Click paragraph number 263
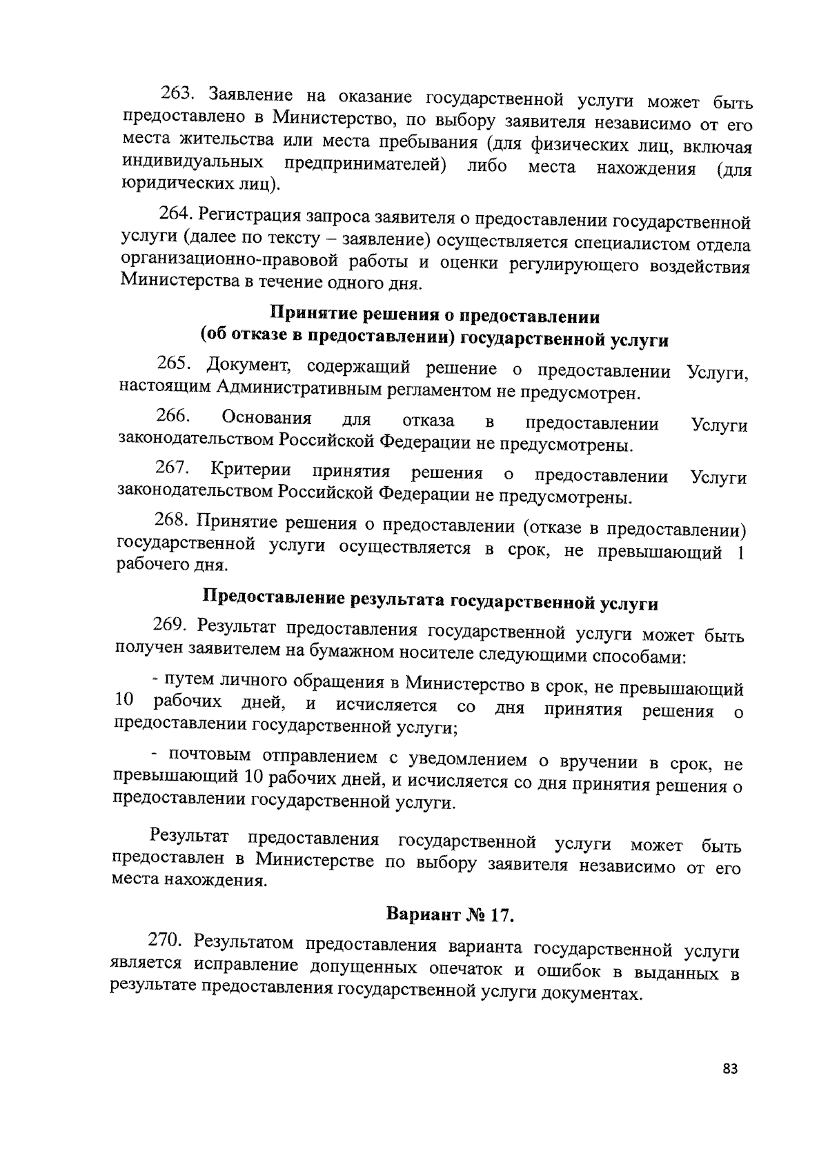pos(179,92)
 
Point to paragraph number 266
pos(173,416)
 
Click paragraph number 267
pos(173,468)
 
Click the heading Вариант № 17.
pos(451,915)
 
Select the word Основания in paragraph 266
pos(266,418)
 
